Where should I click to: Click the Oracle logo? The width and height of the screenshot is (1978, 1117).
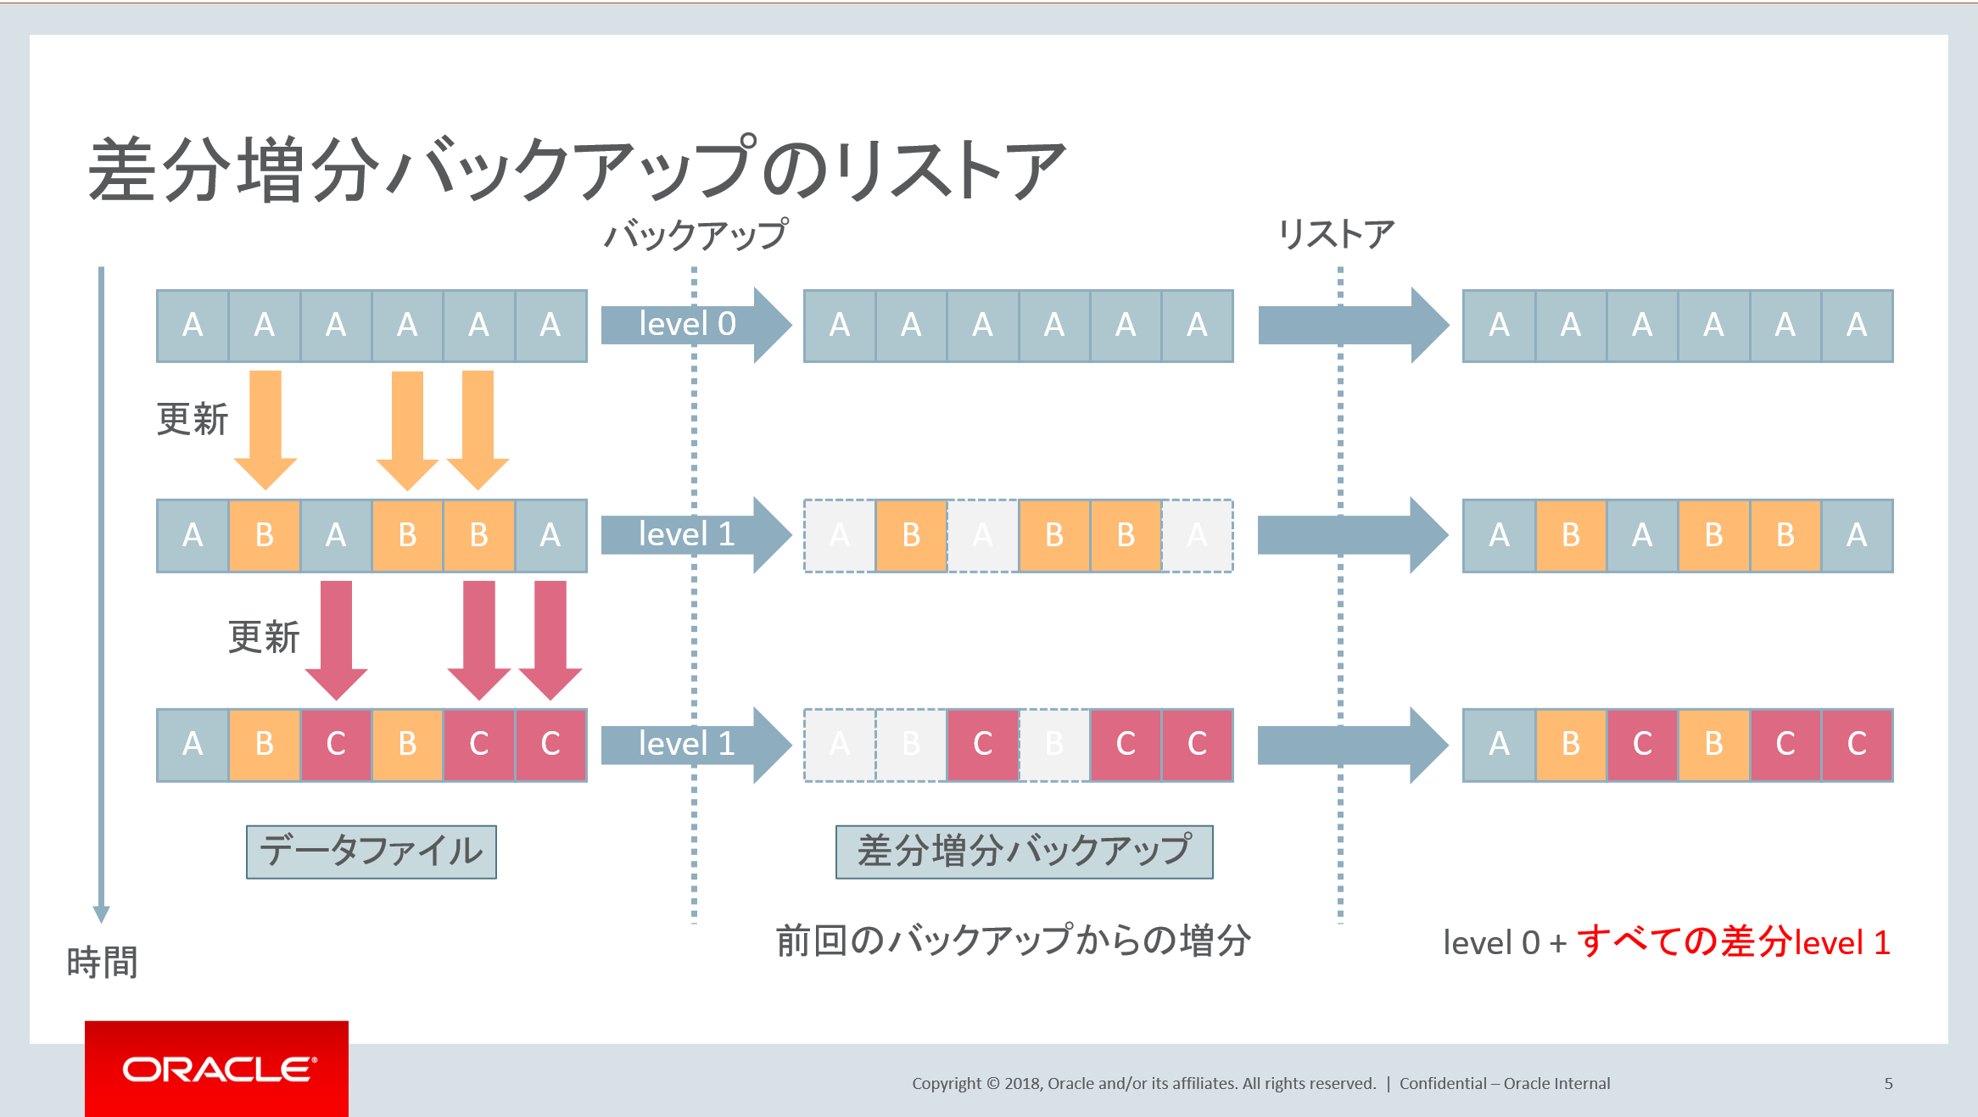pos(217,1069)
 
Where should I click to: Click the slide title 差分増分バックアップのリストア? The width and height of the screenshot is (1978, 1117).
pos(577,170)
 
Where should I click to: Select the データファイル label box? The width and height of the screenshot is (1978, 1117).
pos(372,852)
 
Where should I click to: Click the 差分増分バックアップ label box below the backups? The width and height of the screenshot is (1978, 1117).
pos(1024,852)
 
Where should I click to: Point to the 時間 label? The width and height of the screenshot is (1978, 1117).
pos(102,963)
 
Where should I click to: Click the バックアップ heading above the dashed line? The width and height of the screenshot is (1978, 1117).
pos(696,235)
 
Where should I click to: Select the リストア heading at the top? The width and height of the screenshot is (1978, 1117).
pos(1336,234)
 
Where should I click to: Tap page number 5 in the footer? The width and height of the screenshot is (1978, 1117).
pos(1888,1083)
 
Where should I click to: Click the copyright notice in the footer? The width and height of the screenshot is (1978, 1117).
pos(1143,1083)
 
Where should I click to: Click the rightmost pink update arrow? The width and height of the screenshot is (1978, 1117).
pos(550,639)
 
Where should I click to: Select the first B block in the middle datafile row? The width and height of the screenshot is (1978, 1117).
pos(265,535)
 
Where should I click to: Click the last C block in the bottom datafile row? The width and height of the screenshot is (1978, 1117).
pos(550,745)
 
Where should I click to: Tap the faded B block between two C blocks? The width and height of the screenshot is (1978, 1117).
pos(1054,745)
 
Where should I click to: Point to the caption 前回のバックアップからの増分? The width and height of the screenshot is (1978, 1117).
pos(1013,941)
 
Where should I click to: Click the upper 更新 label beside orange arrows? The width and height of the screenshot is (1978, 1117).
pos(193,420)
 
